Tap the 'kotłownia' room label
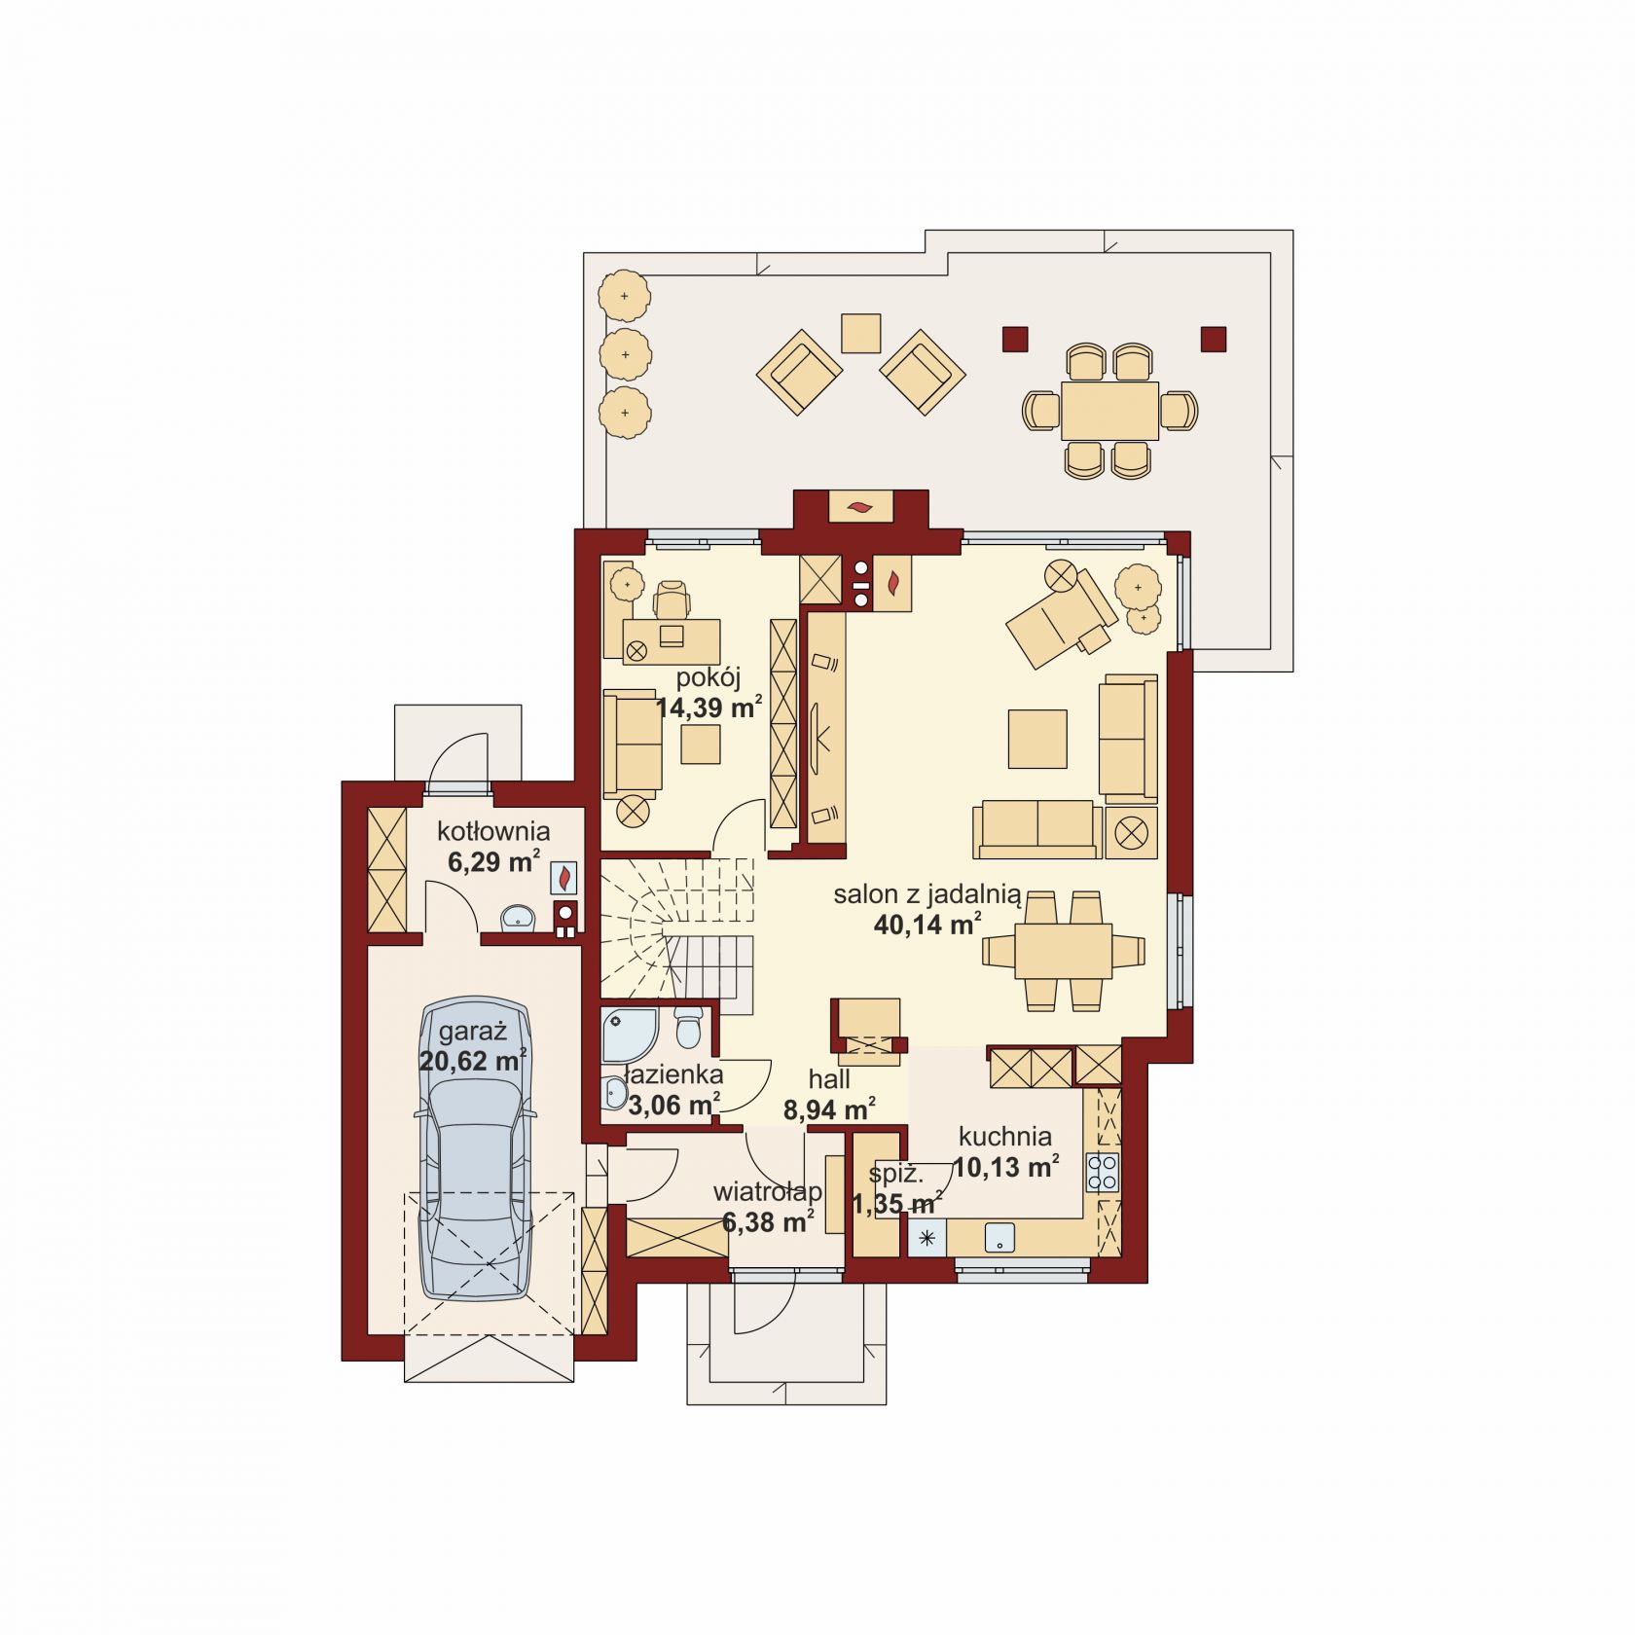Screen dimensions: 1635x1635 [x=493, y=831]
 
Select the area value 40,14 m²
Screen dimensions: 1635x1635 [x=927, y=925]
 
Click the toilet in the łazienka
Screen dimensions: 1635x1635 [x=688, y=1028]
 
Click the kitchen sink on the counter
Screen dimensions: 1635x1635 [x=999, y=1238]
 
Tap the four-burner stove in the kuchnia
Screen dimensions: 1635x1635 [x=1104, y=1172]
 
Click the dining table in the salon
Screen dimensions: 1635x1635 [x=1064, y=951]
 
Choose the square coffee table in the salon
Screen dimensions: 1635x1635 [x=1037, y=739]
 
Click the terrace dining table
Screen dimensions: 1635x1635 [x=1109, y=410]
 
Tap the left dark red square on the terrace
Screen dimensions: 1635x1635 [x=1015, y=338]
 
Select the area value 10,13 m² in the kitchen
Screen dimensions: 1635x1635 [x=1006, y=1166]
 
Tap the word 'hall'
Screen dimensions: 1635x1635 [x=829, y=1078]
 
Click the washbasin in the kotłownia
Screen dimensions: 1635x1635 [x=518, y=916]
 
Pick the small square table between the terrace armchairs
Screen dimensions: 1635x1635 [x=860, y=333]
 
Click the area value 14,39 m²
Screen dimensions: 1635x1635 [x=708, y=708]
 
